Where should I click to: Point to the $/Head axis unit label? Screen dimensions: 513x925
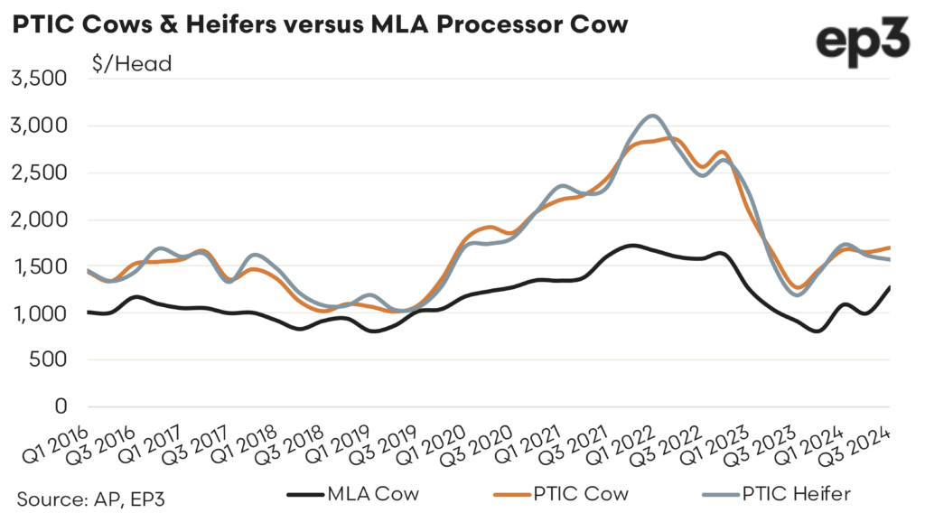(x=131, y=63)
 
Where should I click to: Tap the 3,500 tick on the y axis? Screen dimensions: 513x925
(x=39, y=79)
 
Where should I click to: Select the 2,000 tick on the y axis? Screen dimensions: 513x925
(x=39, y=219)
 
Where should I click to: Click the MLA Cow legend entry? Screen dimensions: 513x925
(x=356, y=493)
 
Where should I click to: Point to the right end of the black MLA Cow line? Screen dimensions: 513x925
(x=890, y=287)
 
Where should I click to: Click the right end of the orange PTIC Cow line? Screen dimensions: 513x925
(x=890, y=247)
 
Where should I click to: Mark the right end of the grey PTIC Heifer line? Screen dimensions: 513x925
(x=890, y=259)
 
